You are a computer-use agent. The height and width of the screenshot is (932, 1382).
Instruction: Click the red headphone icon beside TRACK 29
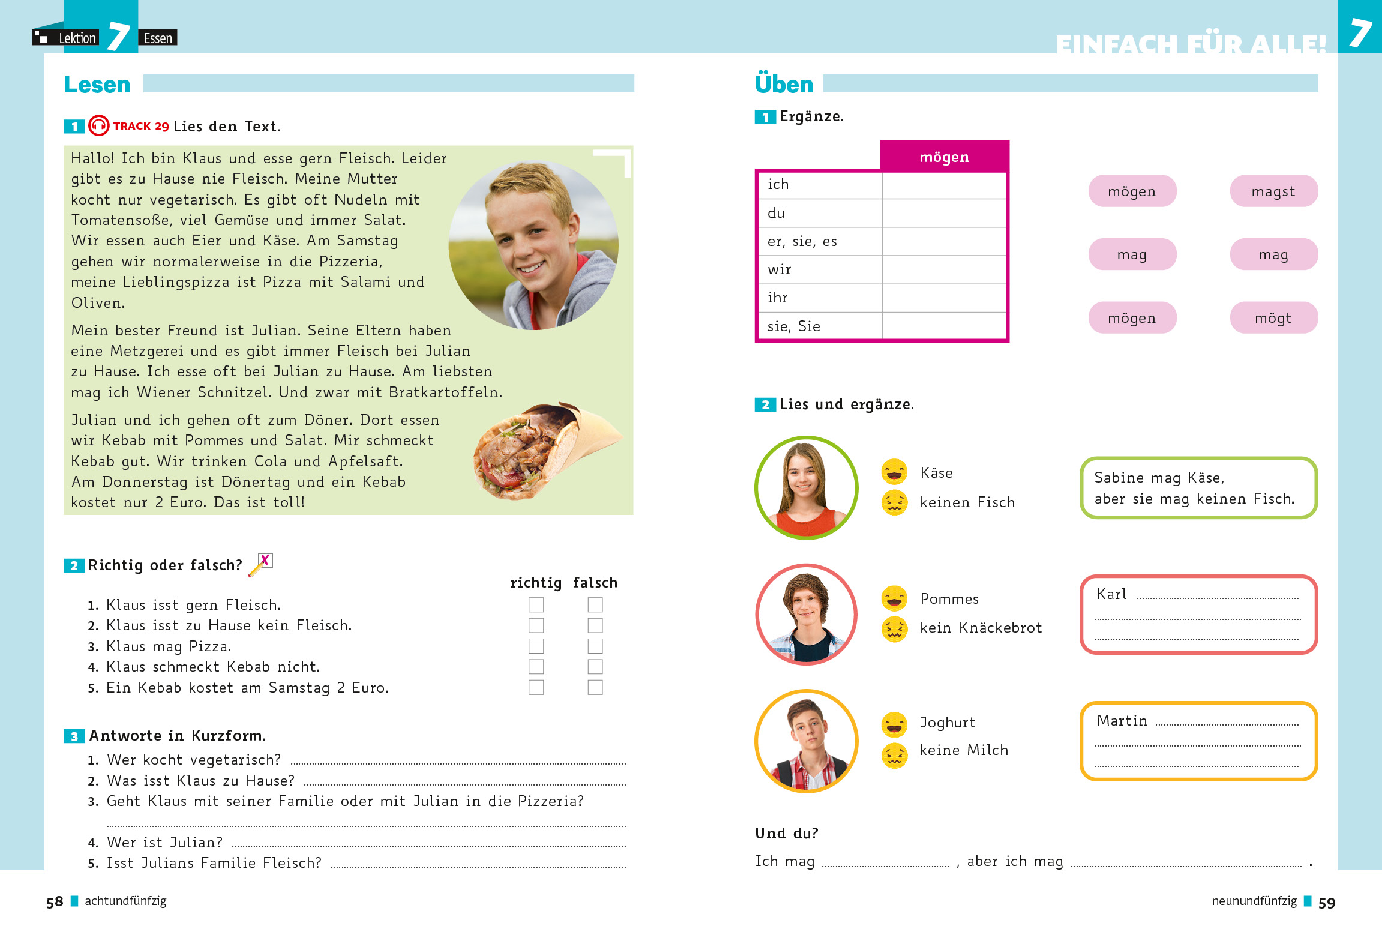click(x=99, y=126)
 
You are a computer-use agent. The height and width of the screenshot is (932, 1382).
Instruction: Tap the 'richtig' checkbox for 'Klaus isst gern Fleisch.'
click(x=536, y=604)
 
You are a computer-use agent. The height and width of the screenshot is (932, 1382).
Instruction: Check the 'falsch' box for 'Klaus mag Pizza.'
click(x=595, y=646)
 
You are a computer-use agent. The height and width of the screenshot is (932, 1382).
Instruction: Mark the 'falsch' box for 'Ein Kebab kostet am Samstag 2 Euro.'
click(x=595, y=687)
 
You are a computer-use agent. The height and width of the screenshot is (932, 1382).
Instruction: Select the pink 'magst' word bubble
click(x=1273, y=191)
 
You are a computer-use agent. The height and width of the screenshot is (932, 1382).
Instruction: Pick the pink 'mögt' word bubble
click(x=1273, y=318)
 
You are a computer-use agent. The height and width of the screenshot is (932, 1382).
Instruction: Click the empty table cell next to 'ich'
click(x=943, y=185)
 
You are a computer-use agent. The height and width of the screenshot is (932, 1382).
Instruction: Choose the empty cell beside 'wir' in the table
click(x=943, y=269)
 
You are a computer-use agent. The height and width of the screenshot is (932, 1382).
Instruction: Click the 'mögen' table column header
click(x=944, y=157)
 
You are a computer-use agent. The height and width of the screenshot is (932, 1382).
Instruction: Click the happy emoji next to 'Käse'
click(x=894, y=472)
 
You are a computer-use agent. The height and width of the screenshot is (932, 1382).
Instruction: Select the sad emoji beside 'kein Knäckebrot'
click(x=894, y=629)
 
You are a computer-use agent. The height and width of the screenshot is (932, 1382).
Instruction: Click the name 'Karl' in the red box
click(x=1111, y=594)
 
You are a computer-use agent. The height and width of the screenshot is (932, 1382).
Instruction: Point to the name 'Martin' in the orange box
click(x=1122, y=721)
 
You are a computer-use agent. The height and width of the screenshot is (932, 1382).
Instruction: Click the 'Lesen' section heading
click(x=97, y=85)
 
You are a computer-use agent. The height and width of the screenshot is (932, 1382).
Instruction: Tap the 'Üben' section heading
click(x=784, y=85)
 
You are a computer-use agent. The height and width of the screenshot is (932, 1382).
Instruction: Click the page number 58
click(x=55, y=902)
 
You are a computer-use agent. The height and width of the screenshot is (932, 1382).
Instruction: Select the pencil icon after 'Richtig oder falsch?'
click(x=261, y=564)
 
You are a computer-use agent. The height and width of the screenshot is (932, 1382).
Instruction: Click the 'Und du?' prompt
click(x=786, y=834)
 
